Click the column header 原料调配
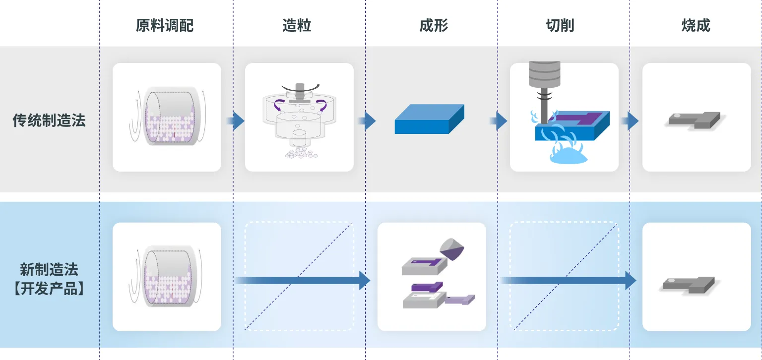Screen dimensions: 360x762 [x=165, y=25]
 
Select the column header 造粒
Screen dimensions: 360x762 [x=297, y=25]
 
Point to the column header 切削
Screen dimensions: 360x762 [x=560, y=25]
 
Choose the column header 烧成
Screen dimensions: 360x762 [x=696, y=25]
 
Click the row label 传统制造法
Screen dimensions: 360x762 [x=49, y=120]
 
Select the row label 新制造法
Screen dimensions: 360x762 [x=49, y=270]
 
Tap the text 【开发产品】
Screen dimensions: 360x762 [x=49, y=289]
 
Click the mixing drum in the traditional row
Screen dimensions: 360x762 [x=167, y=117]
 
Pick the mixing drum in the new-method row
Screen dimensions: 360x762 [x=167, y=277]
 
